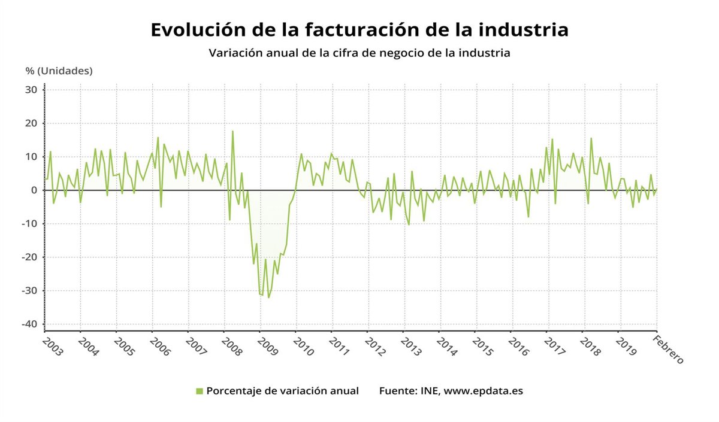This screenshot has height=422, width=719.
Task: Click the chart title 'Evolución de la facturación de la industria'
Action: coord(359,29)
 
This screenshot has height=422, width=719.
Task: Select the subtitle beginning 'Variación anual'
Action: coord(359,53)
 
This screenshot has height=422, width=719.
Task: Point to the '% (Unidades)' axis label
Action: coord(59,71)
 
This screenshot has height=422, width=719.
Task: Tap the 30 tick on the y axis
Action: coord(31,90)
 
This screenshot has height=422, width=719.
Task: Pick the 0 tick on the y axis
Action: coord(34,190)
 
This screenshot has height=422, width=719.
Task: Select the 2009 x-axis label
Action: coord(267,347)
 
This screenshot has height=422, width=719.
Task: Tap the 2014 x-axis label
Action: coord(447,347)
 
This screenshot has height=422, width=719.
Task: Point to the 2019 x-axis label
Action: coord(627,347)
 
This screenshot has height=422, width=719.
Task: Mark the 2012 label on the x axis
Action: coord(375,347)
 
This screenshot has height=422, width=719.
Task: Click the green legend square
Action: coord(200,391)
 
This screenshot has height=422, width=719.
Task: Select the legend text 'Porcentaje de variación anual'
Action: coord(282,391)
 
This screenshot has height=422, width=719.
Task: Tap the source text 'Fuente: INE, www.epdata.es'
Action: coord(451,391)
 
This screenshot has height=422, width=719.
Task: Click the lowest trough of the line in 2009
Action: coord(268,297)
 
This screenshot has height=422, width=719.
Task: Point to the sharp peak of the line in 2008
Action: coord(232,131)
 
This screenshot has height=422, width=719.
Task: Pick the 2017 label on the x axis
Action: coord(555,347)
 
